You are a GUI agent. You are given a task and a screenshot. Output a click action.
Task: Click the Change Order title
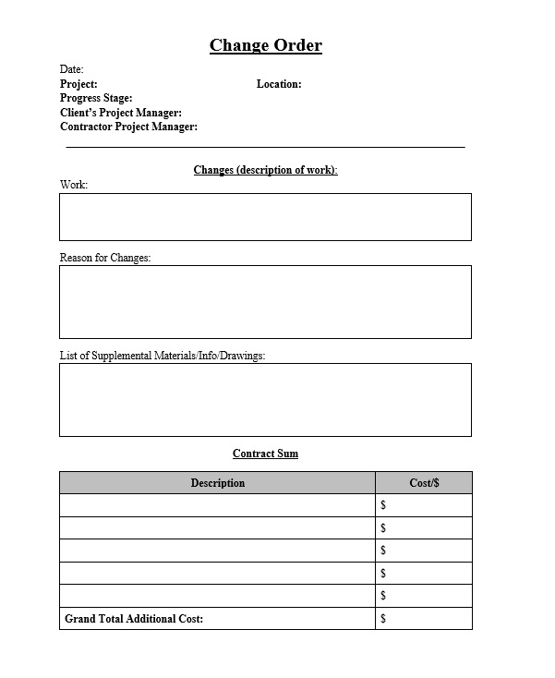(266, 45)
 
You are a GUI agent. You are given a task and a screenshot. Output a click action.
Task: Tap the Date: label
(72, 69)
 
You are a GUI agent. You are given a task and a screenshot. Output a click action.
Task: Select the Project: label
(78, 84)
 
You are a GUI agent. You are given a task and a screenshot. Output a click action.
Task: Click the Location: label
(279, 84)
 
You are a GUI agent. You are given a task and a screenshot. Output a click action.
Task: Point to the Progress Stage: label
(96, 98)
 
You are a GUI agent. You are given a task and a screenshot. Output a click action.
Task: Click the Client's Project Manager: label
(120, 113)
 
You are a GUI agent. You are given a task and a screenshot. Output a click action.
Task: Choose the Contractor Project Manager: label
(128, 127)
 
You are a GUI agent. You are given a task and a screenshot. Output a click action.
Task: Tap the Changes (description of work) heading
(266, 170)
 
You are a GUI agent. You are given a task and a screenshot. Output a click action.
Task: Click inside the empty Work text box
(265, 217)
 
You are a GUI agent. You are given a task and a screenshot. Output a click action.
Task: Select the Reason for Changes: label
(105, 258)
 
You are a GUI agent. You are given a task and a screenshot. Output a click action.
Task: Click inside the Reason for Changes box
(265, 302)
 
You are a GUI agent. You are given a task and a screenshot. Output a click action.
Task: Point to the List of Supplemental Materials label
(163, 356)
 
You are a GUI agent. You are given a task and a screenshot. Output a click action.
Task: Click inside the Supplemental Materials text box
(265, 399)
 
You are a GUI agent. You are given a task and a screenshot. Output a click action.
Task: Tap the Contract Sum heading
(265, 454)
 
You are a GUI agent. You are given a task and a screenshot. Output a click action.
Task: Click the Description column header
(218, 483)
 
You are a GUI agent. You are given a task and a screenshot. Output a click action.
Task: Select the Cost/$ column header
(424, 483)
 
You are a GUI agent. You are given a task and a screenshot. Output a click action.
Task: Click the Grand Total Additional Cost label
(134, 618)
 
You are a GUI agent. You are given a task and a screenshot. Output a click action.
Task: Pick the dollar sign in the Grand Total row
(383, 618)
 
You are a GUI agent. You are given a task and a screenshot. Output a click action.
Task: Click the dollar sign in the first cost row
(383, 505)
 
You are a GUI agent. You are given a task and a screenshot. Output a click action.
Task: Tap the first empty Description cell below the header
(218, 505)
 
